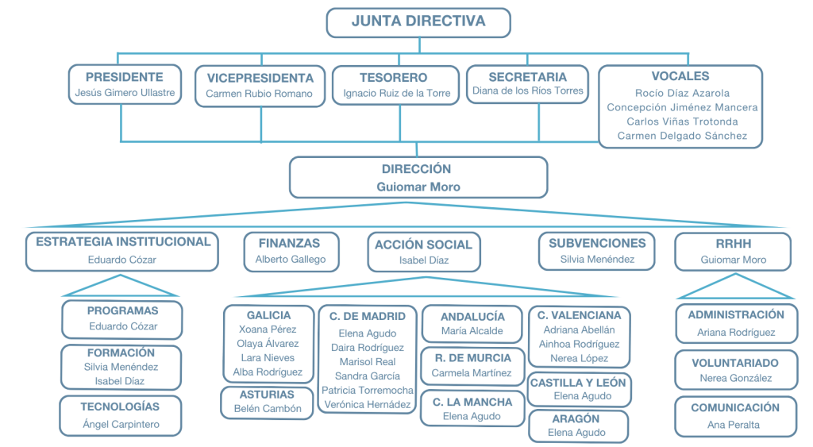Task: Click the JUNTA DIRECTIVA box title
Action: coord(418,21)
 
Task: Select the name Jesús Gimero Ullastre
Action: coord(125,93)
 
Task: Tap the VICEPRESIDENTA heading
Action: coord(260,78)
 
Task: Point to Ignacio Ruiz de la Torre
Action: coord(396,93)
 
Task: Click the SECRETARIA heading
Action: coord(528,77)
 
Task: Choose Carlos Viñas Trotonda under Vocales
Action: coord(682,121)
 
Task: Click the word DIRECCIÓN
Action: coord(417,169)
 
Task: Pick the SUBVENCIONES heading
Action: coord(597,243)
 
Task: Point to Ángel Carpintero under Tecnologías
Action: coord(121,424)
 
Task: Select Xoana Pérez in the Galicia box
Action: coord(268,329)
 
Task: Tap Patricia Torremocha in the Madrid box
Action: coord(368,390)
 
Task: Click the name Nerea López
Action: coord(579,358)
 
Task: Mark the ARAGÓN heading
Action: coord(578,418)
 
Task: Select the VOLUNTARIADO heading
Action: coord(735,362)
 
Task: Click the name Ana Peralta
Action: coord(734,425)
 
